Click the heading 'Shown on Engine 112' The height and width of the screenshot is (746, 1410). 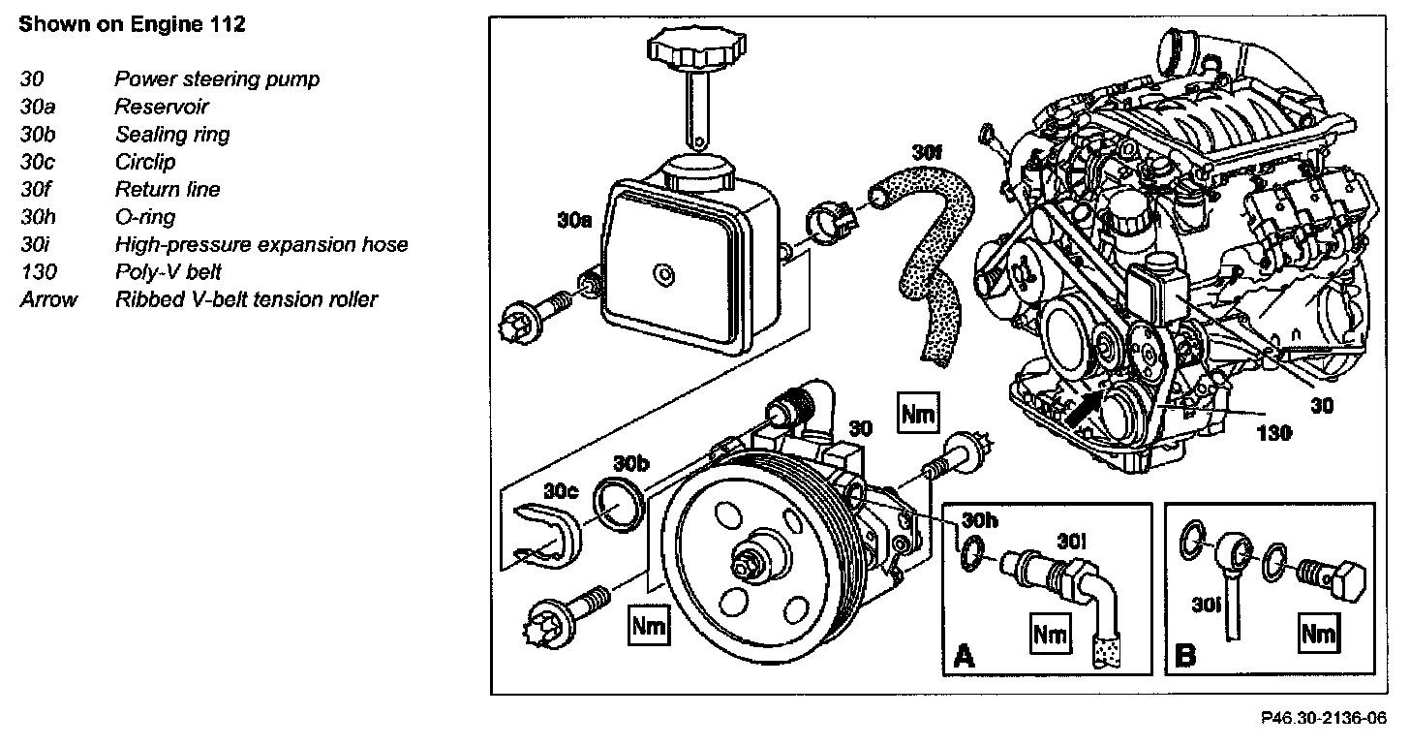tap(133, 26)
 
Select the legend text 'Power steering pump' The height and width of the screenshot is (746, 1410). tap(217, 79)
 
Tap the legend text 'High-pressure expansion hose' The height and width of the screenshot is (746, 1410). tap(261, 245)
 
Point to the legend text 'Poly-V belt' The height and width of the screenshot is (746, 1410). tap(169, 272)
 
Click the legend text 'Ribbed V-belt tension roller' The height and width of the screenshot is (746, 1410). tap(247, 299)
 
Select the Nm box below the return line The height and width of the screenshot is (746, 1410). tap(918, 414)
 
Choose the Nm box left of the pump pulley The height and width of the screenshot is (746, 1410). tap(648, 625)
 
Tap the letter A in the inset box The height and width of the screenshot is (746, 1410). tap(964, 658)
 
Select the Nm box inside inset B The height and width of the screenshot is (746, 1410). tap(1318, 635)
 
